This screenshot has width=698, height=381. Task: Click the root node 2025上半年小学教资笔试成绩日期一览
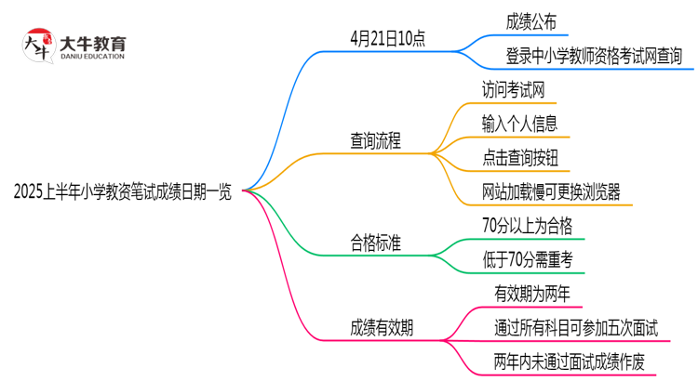(123, 192)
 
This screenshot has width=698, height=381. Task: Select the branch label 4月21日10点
(388, 40)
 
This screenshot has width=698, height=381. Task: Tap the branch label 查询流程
(376, 141)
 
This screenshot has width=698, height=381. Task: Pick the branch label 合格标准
(376, 244)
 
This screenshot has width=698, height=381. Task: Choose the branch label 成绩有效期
(383, 327)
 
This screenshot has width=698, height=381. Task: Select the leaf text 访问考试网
(513, 90)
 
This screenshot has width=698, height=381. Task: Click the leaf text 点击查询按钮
(519, 158)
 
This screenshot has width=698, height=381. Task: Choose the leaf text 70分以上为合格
(528, 226)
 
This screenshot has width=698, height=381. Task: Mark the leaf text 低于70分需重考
(528, 260)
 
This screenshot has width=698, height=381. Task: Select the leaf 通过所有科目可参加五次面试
(576, 327)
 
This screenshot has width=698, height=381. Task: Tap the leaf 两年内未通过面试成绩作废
(570, 361)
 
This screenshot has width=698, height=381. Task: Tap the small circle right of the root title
(246, 190)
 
